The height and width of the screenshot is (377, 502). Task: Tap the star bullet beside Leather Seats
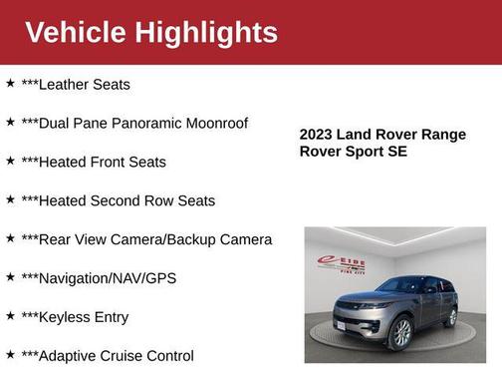pos(10,84)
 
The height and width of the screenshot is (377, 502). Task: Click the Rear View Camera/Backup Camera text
pos(146,240)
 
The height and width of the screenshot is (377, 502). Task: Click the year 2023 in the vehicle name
pos(317,134)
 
